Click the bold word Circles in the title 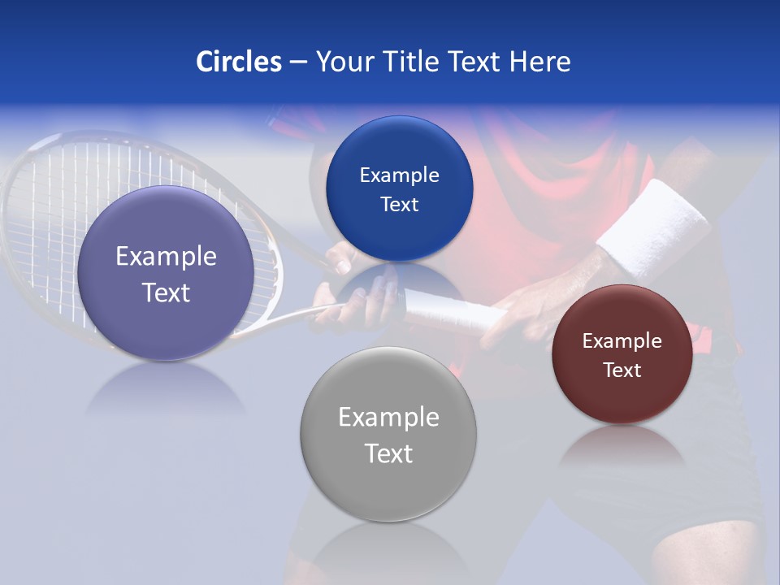click(x=239, y=62)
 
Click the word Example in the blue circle click(x=399, y=175)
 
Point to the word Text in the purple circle click(x=166, y=292)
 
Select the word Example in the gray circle click(x=388, y=418)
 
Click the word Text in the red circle click(x=622, y=370)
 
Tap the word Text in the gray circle click(x=388, y=453)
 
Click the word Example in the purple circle click(x=166, y=257)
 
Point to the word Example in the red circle click(x=622, y=341)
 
